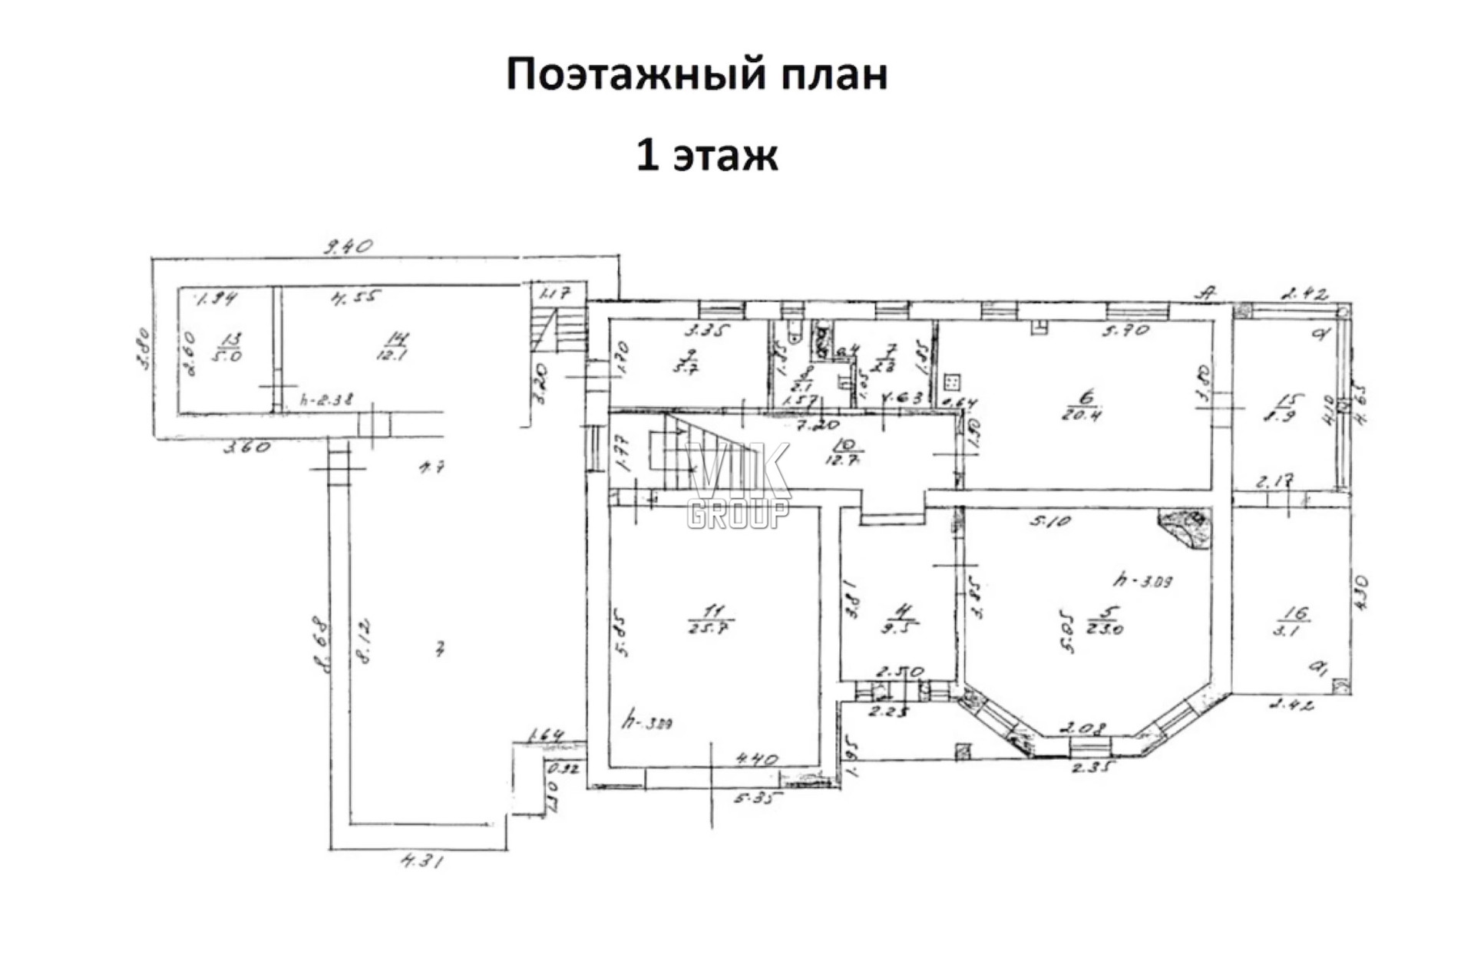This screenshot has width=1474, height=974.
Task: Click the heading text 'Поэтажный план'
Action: click(x=696, y=75)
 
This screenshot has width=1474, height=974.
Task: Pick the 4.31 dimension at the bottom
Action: click(x=421, y=861)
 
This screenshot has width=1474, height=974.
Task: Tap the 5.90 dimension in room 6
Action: click(x=1125, y=330)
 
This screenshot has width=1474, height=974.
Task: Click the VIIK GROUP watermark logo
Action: click(x=738, y=485)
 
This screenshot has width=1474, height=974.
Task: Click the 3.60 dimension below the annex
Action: click(x=246, y=446)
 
